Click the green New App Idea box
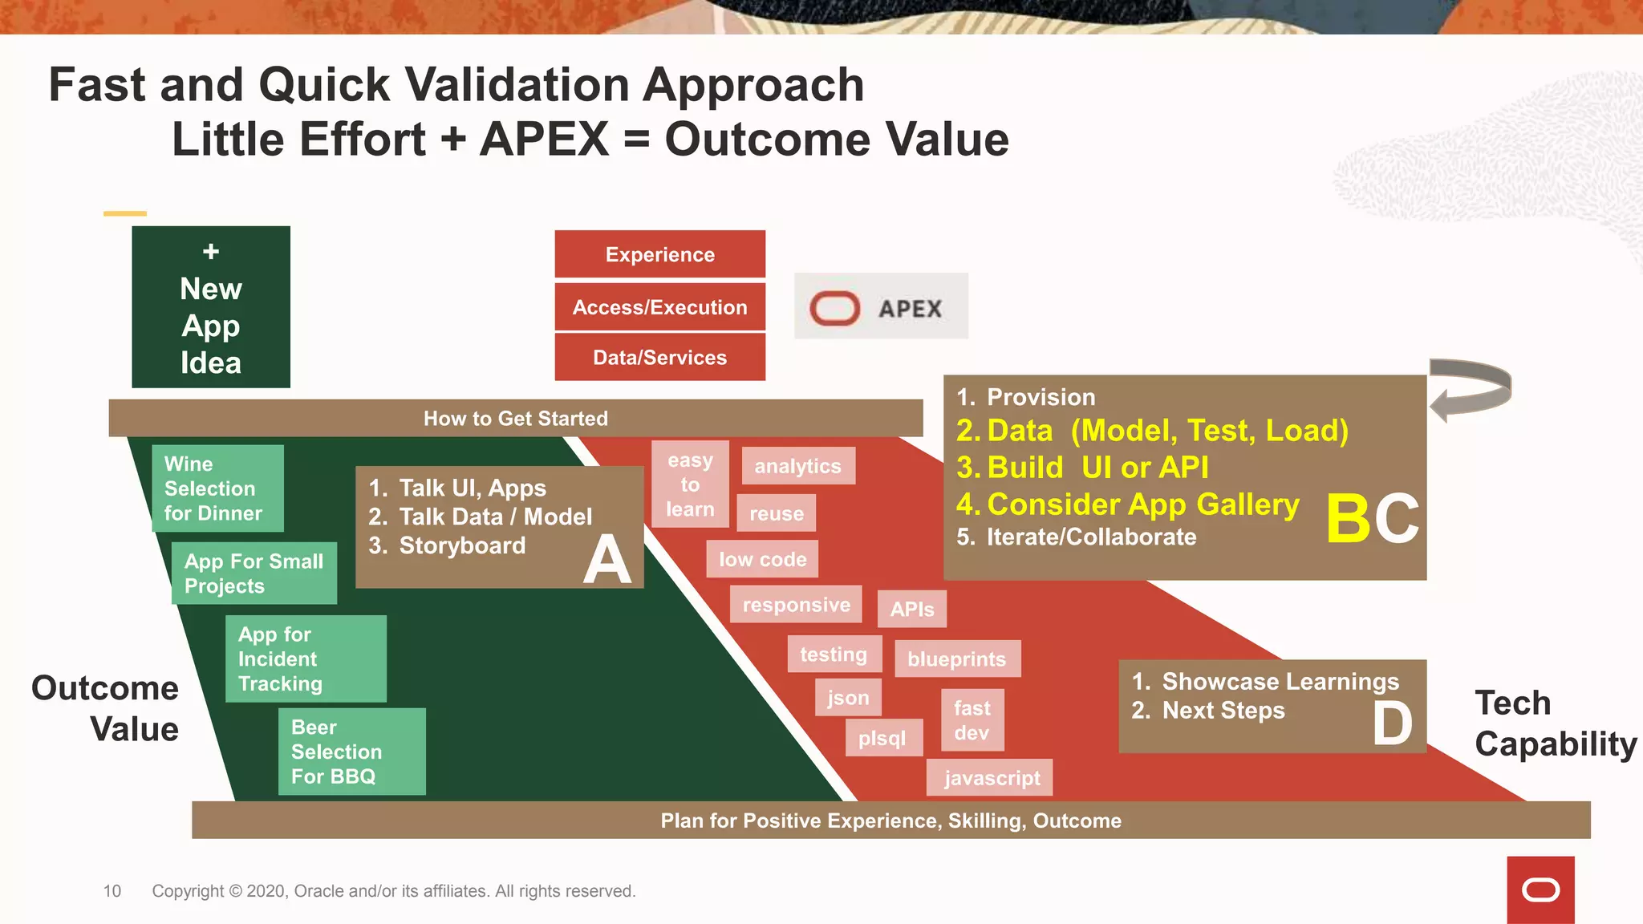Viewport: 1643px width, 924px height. click(x=211, y=307)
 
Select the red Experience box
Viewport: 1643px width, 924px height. click(x=659, y=254)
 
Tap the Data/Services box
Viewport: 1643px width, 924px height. click(x=659, y=358)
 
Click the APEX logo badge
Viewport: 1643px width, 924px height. click(x=881, y=306)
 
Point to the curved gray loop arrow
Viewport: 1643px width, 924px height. click(x=1471, y=389)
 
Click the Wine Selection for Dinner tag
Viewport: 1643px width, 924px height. click(x=217, y=488)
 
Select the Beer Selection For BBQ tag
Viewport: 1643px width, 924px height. click(x=351, y=752)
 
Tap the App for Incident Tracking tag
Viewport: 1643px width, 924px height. click(x=306, y=659)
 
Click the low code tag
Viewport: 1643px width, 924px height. click(x=762, y=559)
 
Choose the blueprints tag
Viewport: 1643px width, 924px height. click(x=957, y=659)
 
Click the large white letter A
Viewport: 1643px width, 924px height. click(x=606, y=559)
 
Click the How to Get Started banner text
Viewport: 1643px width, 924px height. click(x=516, y=419)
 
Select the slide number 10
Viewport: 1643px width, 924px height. click(x=112, y=891)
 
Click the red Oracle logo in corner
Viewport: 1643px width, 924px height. click(x=1540, y=890)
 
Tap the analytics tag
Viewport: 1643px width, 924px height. click(x=797, y=466)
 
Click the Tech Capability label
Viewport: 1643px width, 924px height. click(x=1554, y=723)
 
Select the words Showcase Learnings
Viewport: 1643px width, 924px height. click(x=1280, y=682)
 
